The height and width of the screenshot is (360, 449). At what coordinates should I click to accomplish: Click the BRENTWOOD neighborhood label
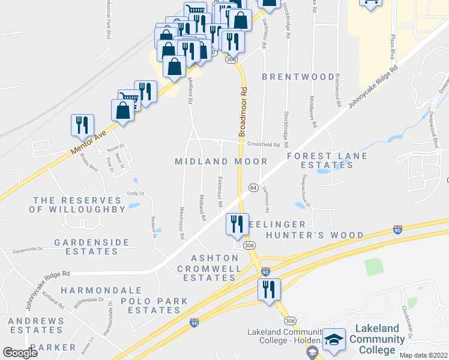[298, 77]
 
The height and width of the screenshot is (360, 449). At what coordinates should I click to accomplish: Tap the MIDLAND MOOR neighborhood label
[221, 161]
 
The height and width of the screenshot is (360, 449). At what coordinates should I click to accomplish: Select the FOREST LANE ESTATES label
[319, 160]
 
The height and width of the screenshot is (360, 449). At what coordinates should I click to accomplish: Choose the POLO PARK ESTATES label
[154, 305]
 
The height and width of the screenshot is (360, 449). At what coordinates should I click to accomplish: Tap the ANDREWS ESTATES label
[36, 326]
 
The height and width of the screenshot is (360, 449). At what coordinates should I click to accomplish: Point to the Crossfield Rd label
[264, 145]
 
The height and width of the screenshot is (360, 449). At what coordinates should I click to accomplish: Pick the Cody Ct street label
[135, 193]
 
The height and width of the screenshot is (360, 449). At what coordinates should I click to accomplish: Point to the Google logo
[20, 353]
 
